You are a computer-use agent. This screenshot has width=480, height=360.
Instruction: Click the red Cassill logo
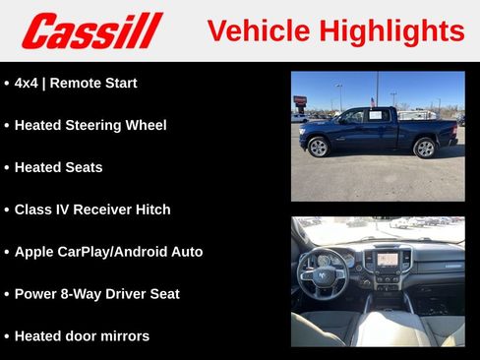[x=91, y=30]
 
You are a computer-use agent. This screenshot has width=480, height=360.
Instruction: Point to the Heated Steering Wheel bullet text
[x=90, y=125]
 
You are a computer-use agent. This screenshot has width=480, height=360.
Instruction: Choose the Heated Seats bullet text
[x=58, y=167]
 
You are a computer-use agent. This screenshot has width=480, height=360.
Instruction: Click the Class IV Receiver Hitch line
[x=92, y=210]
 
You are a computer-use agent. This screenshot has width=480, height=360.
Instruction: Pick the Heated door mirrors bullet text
[x=82, y=336]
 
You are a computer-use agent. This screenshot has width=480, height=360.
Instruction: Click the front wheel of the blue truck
[x=318, y=148]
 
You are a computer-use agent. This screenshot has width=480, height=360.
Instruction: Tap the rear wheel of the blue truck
[x=424, y=148]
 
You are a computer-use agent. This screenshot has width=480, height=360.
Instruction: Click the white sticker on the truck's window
[x=375, y=115]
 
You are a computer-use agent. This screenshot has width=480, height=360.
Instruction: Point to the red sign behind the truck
[x=300, y=99]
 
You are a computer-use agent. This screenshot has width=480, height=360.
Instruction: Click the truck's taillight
[x=455, y=126]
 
